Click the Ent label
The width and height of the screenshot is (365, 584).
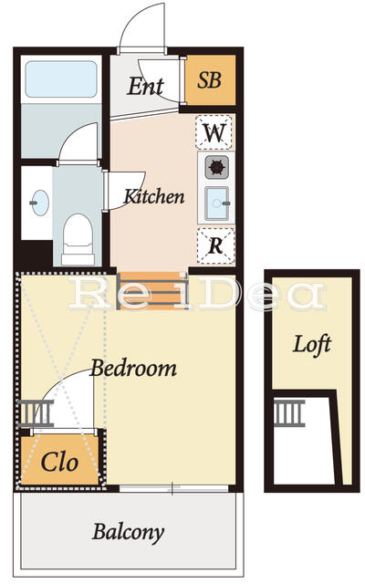(145, 87)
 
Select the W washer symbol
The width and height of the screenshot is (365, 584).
(214, 133)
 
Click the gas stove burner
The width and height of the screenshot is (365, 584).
(216, 167)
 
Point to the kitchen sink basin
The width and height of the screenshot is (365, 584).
(216, 203)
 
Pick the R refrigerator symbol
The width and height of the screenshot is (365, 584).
(215, 245)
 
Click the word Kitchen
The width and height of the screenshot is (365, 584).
(154, 196)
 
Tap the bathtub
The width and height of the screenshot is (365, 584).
(61, 80)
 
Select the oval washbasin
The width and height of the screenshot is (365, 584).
(39, 203)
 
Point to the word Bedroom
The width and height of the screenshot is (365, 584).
(133, 369)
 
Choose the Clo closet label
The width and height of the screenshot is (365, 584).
(59, 462)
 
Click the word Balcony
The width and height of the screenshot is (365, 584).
(128, 532)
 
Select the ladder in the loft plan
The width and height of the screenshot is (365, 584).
(289, 412)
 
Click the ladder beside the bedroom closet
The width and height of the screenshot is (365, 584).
(36, 413)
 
